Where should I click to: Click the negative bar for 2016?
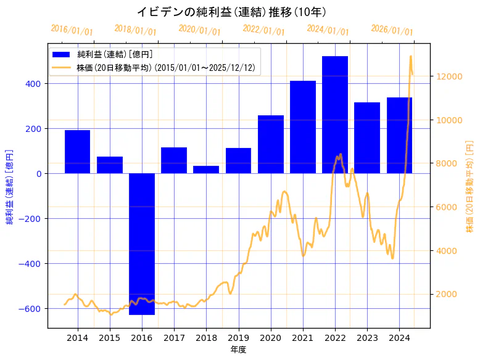142,243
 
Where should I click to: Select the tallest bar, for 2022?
335,115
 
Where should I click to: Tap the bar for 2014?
78,152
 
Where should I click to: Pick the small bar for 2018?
206,170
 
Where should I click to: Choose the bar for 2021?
303,127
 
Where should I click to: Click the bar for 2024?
399,135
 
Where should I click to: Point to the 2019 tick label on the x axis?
238,338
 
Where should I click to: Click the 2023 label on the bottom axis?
367,338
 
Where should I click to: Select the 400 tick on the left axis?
35,84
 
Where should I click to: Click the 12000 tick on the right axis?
449,76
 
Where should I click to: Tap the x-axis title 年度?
239,350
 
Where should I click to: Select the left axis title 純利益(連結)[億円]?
10,186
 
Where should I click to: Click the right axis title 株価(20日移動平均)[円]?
470,186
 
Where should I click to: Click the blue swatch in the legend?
62,54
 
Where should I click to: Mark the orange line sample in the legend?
62,67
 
